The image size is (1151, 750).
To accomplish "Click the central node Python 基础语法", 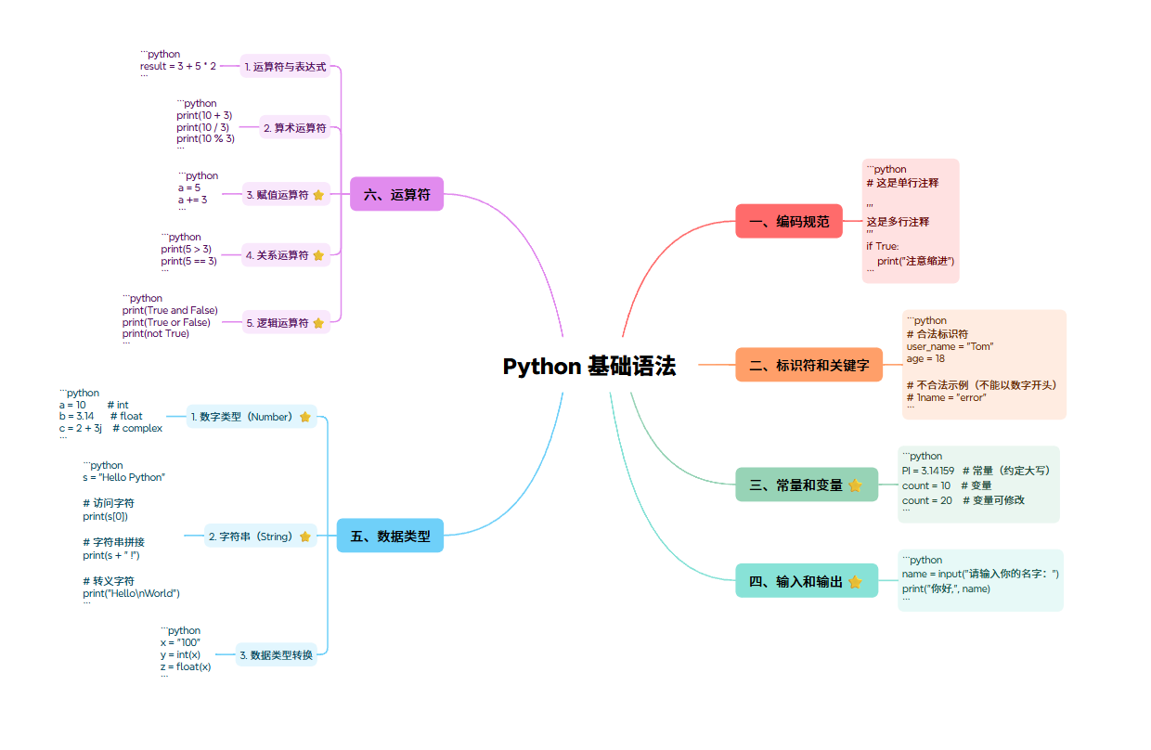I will point(589,367).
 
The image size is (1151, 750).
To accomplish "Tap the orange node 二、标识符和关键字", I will point(808,366).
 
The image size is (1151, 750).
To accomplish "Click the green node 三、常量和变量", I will point(794,485).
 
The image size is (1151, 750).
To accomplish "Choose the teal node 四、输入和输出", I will point(794,581).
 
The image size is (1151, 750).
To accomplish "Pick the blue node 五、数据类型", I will point(390,536).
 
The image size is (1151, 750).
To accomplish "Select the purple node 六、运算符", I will point(396,194).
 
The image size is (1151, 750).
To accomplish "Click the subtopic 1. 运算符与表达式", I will point(285,67).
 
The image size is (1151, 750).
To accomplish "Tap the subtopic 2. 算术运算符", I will point(294,128).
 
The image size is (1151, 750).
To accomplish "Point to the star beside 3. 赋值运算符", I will point(318,195).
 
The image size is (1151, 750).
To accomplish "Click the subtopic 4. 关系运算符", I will point(277,255).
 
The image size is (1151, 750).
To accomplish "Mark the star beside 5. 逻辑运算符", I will point(318,323).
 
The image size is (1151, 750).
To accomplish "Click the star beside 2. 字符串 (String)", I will point(304,537).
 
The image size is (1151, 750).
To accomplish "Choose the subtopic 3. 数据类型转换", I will point(276,655).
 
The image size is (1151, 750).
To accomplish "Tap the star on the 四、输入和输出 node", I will point(855,581).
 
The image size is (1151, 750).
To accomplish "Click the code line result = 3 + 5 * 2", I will point(178,67).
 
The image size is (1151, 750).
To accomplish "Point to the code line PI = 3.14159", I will point(928,471).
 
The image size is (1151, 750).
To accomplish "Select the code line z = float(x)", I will point(186,666).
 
